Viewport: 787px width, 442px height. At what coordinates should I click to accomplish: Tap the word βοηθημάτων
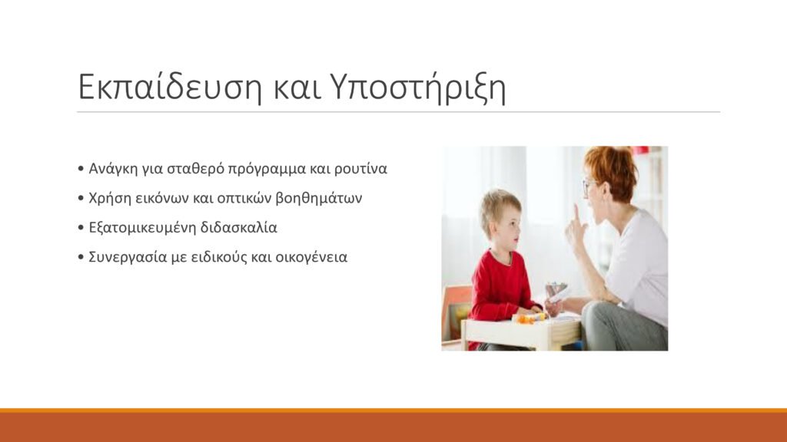pyautogui.click(x=319, y=199)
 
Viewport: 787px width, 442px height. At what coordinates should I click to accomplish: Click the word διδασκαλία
pyautogui.click(x=238, y=227)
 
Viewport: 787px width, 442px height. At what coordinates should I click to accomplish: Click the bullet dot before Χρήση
pyautogui.click(x=81, y=199)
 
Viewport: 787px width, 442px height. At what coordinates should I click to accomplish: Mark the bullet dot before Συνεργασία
pyautogui.click(x=81, y=258)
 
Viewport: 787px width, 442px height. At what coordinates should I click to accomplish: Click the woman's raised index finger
pyautogui.click(x=576, y=214)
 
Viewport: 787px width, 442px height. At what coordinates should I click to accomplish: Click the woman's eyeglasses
pyautogui.click(x=588, y=186)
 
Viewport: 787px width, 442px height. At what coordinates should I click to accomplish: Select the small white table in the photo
pyautogui.click(x=521, y=332)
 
